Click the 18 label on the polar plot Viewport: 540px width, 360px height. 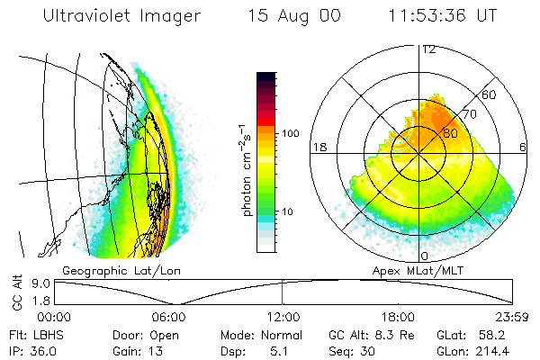[x=318, y=146]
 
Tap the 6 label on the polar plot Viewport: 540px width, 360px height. [x=524, y=146]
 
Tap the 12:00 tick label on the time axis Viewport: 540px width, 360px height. [x=283, y=317]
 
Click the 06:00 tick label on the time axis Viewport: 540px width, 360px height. [x=168, y=317]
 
